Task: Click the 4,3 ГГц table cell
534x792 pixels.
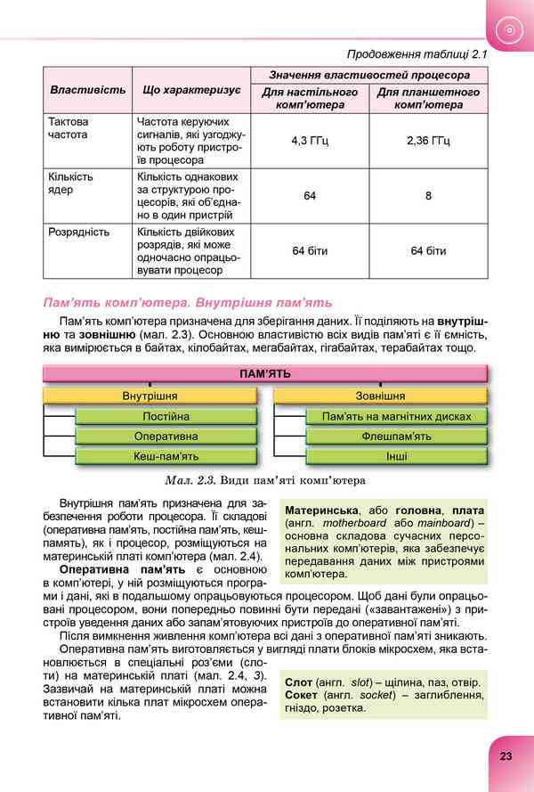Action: click(x=310, y=140)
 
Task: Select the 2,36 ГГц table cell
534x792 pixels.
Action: click(x=428, y=140)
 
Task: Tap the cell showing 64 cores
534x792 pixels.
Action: click(x=310, y=195)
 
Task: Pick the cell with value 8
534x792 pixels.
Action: click(x=428, y=195)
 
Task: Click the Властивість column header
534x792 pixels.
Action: click(x=87, y=91)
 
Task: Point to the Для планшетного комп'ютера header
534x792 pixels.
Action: click(x=428, y=98)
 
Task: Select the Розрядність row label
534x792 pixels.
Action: click(x=79, y=233)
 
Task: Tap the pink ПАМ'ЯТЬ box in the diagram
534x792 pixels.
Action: click(x=265, y=374)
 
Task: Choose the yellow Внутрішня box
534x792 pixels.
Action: click(x=150, y=396)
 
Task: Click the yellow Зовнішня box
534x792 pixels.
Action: click(x=380, y=396)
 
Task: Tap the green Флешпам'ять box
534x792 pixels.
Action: click(x=397, y=437)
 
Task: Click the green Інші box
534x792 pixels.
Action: click(x=397, y=457)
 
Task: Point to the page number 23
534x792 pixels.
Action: click(x=506, y=755)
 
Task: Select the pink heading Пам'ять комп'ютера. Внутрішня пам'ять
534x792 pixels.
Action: click(x=188, y=303)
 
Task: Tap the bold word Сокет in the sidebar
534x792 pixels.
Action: click(x=303, y=696)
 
